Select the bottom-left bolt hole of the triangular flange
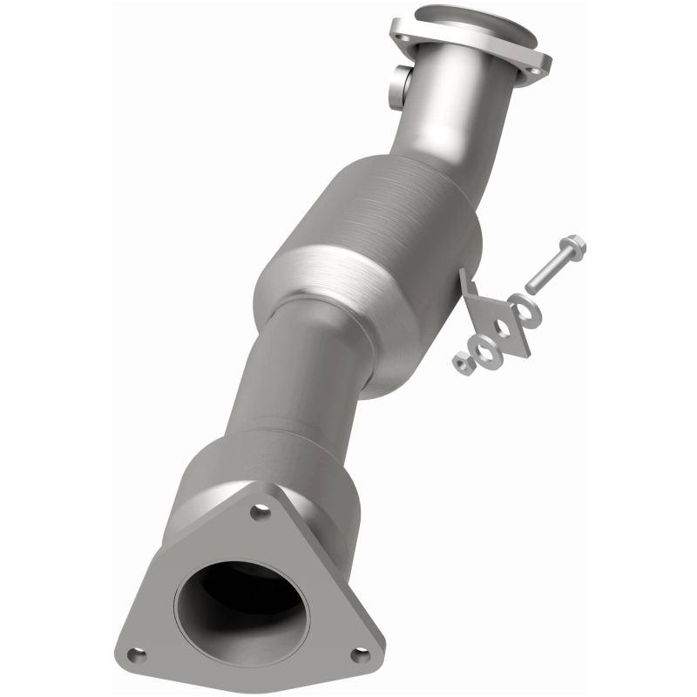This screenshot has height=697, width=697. (133, 654)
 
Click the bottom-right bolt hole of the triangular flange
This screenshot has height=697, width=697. (357, 653)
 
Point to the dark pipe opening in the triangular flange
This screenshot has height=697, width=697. (241, 601)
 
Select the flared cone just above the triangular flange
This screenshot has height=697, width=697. (261, 470)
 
